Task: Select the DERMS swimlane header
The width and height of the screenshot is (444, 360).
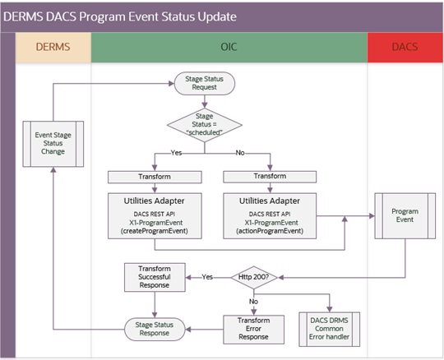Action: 51,48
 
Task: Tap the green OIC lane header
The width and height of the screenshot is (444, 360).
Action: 229,48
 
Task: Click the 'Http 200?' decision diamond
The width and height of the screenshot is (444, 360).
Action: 258,276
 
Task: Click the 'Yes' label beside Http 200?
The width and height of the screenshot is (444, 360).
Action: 206,276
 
